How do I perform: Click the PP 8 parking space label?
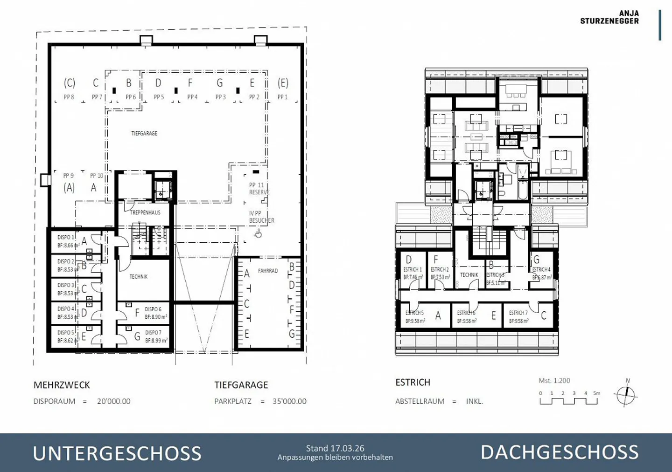(69, 97)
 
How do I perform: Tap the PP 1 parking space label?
(282, 97)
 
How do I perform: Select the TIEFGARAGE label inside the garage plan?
(144, 133)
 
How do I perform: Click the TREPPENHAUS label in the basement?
(145, 212)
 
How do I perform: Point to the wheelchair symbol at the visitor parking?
(258, 233)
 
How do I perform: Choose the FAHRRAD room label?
(268, 271)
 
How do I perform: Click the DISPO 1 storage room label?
(66, 237)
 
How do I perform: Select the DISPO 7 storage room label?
(153, 333)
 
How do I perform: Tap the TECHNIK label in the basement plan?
(139, 277)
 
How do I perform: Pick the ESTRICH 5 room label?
(414, 313)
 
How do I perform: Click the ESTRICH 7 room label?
(518, 313)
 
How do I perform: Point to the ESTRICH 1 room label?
(413, 270)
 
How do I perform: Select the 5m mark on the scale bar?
(596, 393)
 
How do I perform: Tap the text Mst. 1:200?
(554, 381)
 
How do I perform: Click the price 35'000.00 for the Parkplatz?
(289, 401)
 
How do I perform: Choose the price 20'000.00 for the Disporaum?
(114, 401)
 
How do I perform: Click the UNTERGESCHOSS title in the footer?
(117, 453)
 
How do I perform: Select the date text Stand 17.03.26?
(335, 448)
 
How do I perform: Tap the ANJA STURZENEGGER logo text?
(609, 17)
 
